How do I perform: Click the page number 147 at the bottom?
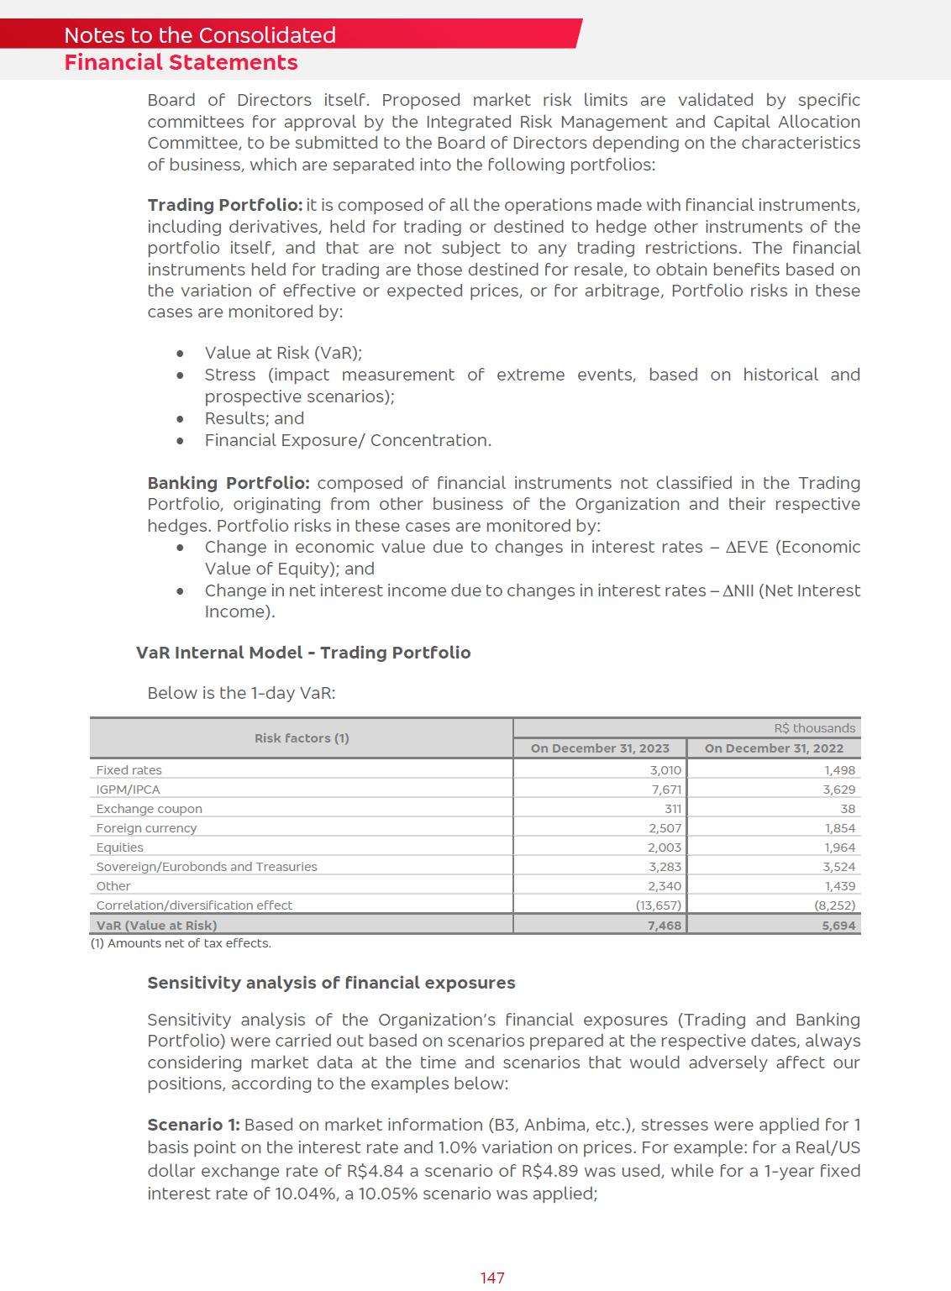tap(492, 1278)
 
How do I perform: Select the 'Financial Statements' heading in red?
tap(181, 63)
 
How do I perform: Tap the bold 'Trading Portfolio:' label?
tap(224, 206)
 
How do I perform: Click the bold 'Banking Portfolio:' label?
tap(229, 483)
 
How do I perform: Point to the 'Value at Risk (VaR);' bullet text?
tap(283, 354)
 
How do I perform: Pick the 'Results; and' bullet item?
tap(255, 418)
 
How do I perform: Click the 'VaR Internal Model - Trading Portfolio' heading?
tap(303, 653)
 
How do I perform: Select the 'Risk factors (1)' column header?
tap(302, 738)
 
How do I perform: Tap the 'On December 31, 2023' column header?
tap(600, 748)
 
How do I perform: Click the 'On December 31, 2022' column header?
tap(774, 748)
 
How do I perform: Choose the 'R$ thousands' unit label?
tap(814, 728)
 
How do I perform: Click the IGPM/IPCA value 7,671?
tap(665, 790)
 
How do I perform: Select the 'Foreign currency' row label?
tap(146, 828)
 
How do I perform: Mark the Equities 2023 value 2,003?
tap(665, 848)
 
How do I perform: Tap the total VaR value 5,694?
tap(838, 925)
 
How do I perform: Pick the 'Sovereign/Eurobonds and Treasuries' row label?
tap(207, 867)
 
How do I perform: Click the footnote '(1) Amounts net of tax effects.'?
tap(181, 943)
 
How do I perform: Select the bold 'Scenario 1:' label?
tap(193, 1125)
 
